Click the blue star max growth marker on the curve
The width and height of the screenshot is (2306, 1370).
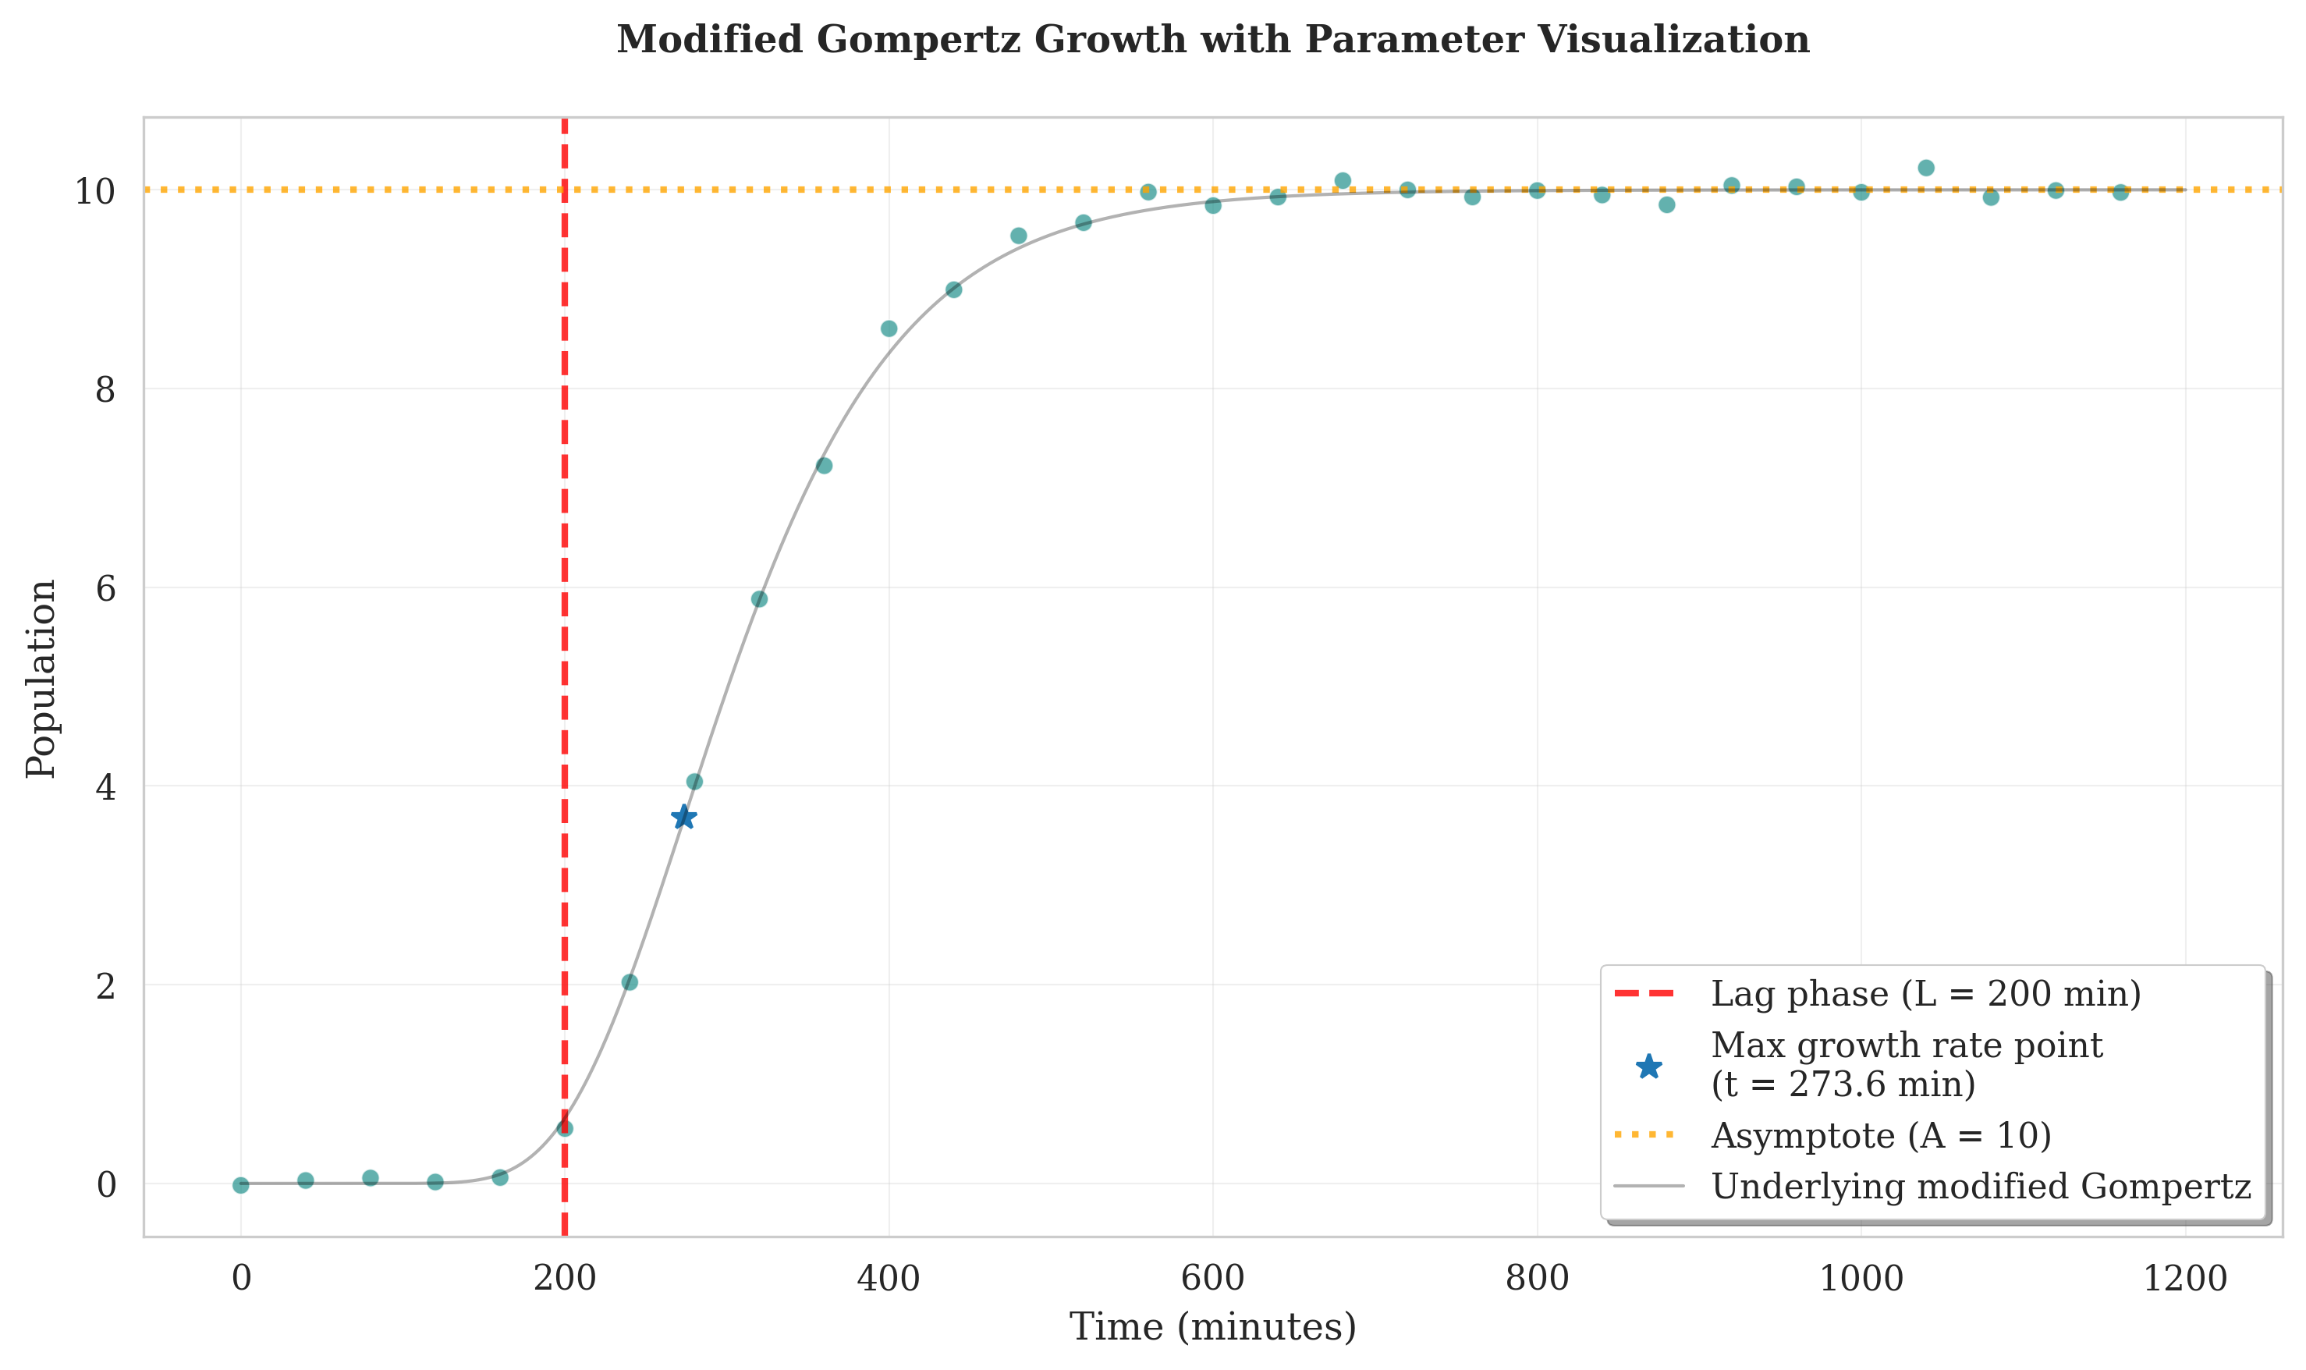click(683, 817)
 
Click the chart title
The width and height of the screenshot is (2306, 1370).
click(1212, 40)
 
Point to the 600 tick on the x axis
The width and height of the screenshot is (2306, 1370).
click(1212, 1279)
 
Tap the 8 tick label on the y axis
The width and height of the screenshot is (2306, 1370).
click(105, 389)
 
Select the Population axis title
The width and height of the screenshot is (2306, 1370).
click(41, 679)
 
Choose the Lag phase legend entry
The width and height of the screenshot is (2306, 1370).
click(1925, 993)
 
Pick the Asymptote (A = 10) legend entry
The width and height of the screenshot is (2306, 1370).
click(1880, 1134)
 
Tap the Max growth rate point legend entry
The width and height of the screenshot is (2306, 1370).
click(1907, 1064)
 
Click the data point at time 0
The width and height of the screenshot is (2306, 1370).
click(241, 1185)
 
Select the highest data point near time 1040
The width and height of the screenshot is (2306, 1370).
click(1925, 168)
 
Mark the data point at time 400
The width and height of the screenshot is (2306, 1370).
click(889, 328)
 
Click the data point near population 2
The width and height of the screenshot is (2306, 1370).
click(630, 982)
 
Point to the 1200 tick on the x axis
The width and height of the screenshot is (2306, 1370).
click(2184, 1279)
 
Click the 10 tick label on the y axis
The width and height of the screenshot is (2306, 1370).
click(94, 191)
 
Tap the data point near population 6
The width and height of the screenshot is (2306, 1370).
click(759, 599)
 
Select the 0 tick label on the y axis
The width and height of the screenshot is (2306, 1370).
click(106, 1185)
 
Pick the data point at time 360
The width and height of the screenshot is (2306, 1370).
click(825, 465)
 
